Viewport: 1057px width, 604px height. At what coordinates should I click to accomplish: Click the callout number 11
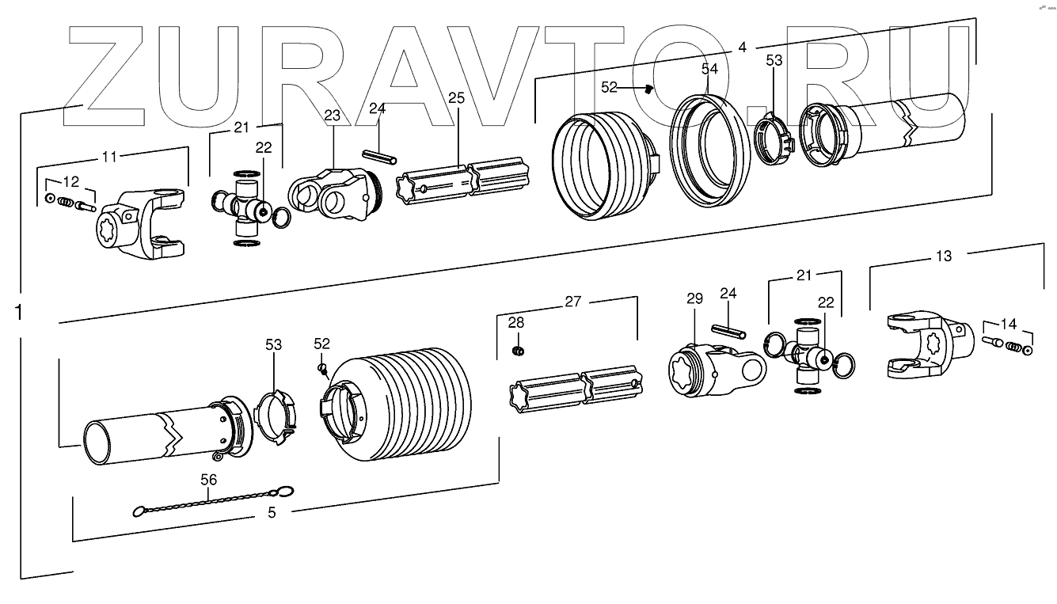(109, 157)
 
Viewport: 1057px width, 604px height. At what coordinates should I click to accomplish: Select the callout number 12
(70, 181)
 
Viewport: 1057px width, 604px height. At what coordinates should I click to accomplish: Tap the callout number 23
(332, 116)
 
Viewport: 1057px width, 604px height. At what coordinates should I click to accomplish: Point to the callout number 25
(456, 98)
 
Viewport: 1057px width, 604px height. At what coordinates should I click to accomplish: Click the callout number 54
(709, 70)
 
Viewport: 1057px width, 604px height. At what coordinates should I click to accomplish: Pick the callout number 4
(741, 47)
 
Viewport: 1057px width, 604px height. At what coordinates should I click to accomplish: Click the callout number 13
(943, 256)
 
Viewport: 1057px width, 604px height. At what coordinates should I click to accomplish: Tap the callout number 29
(694, 298)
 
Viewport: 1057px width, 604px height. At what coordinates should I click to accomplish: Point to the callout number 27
(572, 301)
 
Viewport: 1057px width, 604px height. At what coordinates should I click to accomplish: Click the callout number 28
(516, 322)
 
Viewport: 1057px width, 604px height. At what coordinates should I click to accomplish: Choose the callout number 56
(208, 479)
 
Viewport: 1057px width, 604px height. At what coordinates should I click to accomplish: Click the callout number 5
(272, 512)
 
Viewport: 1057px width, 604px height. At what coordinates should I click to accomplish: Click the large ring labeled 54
(709, 149)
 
